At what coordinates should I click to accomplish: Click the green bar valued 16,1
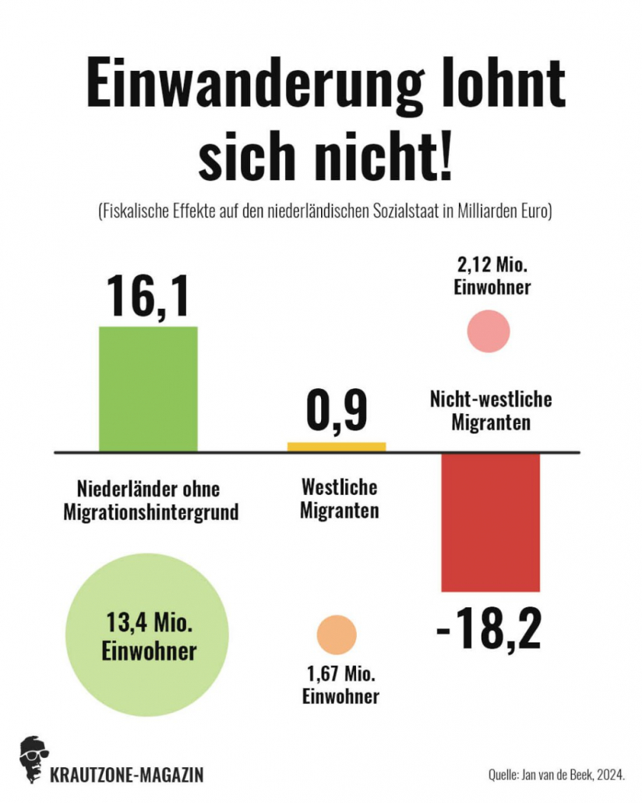(x=148, y=388)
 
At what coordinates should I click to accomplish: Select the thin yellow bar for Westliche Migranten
(x=337, y=447)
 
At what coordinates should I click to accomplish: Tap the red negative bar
(x=490, y=522)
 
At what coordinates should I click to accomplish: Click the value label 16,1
(x=148, y=295)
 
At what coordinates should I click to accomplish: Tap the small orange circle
(x=337, y=633)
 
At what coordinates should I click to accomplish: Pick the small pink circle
(x=489, y=331)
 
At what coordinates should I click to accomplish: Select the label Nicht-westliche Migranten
(x=491, y=411)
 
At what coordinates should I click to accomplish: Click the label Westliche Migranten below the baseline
(x=340, y=499)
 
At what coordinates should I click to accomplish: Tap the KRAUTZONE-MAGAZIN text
(x=126, y=775)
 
